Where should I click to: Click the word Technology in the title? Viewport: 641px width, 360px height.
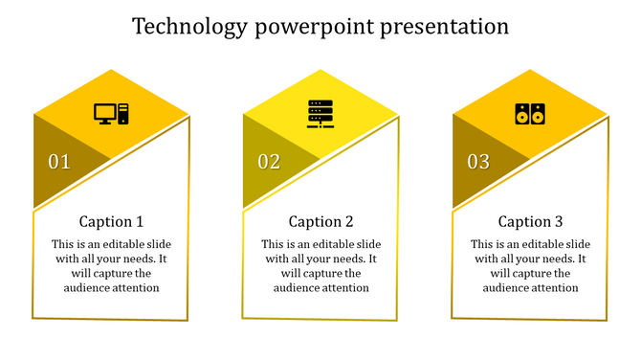click(x=189, y=26)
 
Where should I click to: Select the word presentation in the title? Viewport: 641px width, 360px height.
click(x=445, y=26)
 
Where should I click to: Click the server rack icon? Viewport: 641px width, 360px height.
click(x=320, y=113)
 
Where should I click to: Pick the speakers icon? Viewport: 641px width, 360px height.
click(x=529, y=114)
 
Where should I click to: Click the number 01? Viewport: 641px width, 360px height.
click(x=59, y=162)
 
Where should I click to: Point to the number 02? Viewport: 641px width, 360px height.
click(x=269, y=162)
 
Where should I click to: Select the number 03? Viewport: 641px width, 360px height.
click(x=478, y=162)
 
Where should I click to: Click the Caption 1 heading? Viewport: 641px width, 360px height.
click(x=111, y=221)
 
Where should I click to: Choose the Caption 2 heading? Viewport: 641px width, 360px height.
click(x=320, y=221)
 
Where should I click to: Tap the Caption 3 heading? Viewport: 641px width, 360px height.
click(x=530, y=221)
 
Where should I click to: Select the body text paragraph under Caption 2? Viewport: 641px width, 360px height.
click(x=320, y=265)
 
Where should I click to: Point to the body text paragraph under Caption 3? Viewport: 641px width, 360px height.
click(x=530, y=265)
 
